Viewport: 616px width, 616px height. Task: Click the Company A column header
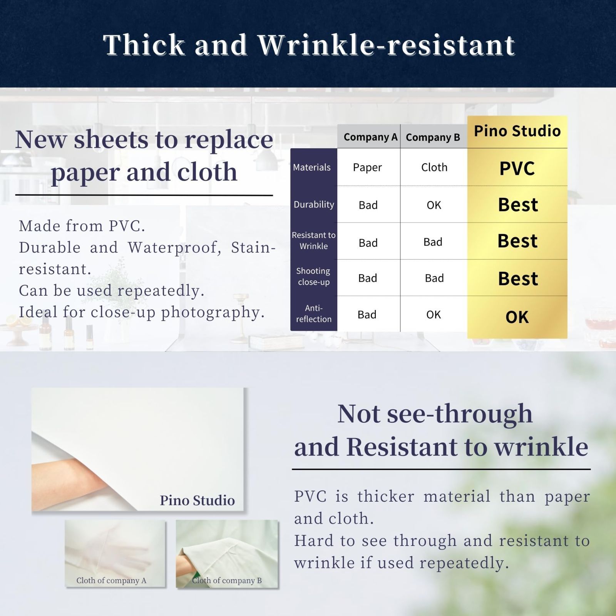(x=370, y=137)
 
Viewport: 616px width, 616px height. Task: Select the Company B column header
(x=433, y=137)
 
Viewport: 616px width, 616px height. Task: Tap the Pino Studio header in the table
(x=517, y=131)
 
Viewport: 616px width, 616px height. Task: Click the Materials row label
(x=312, y=167)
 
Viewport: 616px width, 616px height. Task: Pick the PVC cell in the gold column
(x=517, y=168)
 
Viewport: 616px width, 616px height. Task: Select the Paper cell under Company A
(x=367, y=167)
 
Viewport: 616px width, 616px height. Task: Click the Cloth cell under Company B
(x=434, y=167)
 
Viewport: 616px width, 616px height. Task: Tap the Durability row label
(x=314, y=205)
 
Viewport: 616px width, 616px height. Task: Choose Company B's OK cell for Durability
(x=434, y=205)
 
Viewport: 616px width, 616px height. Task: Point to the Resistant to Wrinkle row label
(x=314, y=241)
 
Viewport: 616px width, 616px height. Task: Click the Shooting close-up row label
(x=313, y=276)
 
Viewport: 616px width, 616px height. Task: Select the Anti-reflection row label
(x=314, y=313)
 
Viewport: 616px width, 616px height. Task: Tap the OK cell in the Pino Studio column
(x=517, y=317)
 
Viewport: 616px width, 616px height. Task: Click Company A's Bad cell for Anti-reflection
(x=367, y=315)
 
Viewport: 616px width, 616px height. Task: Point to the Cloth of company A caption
(x=111, y=581)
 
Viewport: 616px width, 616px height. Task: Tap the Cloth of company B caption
(x=227, y=581)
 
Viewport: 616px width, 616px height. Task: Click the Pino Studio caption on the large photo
(x=197, y=500)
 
